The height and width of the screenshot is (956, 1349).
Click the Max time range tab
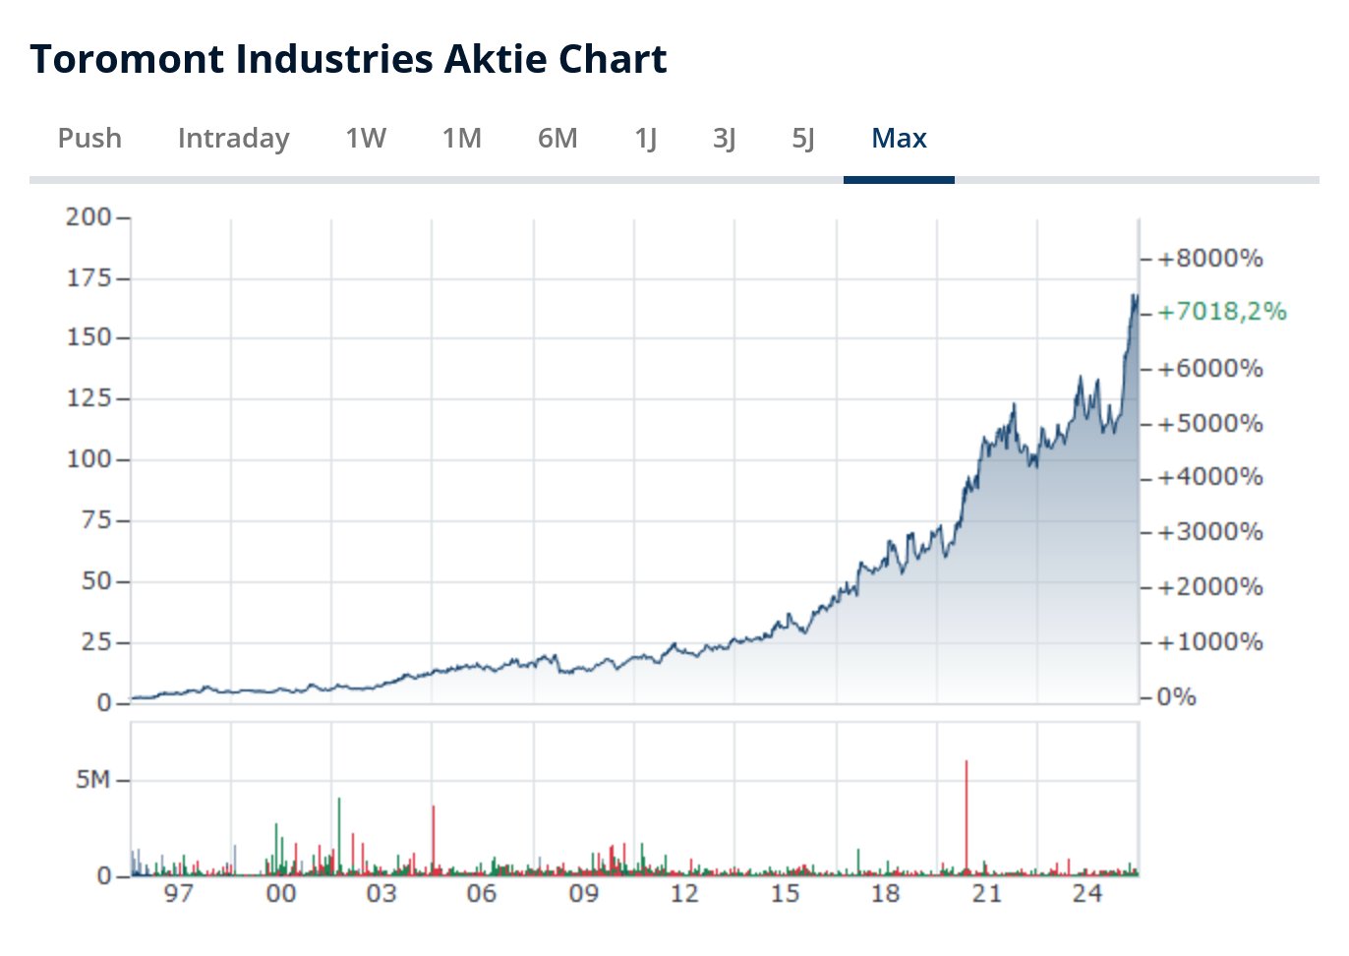point(899,139)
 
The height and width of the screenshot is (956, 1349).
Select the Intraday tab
point(233,139)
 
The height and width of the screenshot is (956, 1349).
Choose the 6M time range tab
point(557,139)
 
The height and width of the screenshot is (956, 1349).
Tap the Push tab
point(89,139)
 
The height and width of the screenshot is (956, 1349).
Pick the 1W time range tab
point(366,139)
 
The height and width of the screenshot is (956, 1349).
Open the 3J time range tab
point(725,139)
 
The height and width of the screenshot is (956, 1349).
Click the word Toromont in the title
point(126,59)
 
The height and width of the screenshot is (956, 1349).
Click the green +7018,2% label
point(1221,312)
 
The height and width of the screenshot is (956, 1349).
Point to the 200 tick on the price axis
point(88,216)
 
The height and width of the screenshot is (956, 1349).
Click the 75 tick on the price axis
point(96,519)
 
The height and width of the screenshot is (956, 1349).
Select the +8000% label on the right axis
point(1209,259)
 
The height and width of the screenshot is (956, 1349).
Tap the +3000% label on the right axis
point(1209,532)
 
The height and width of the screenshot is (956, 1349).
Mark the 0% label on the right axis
point(1176,697)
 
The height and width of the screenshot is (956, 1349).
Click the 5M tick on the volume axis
point(93,780)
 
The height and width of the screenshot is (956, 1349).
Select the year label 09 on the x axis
point(583,893)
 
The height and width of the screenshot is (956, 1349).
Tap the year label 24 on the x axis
point(1086,893)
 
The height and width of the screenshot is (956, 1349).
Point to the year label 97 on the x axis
point(178,893)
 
